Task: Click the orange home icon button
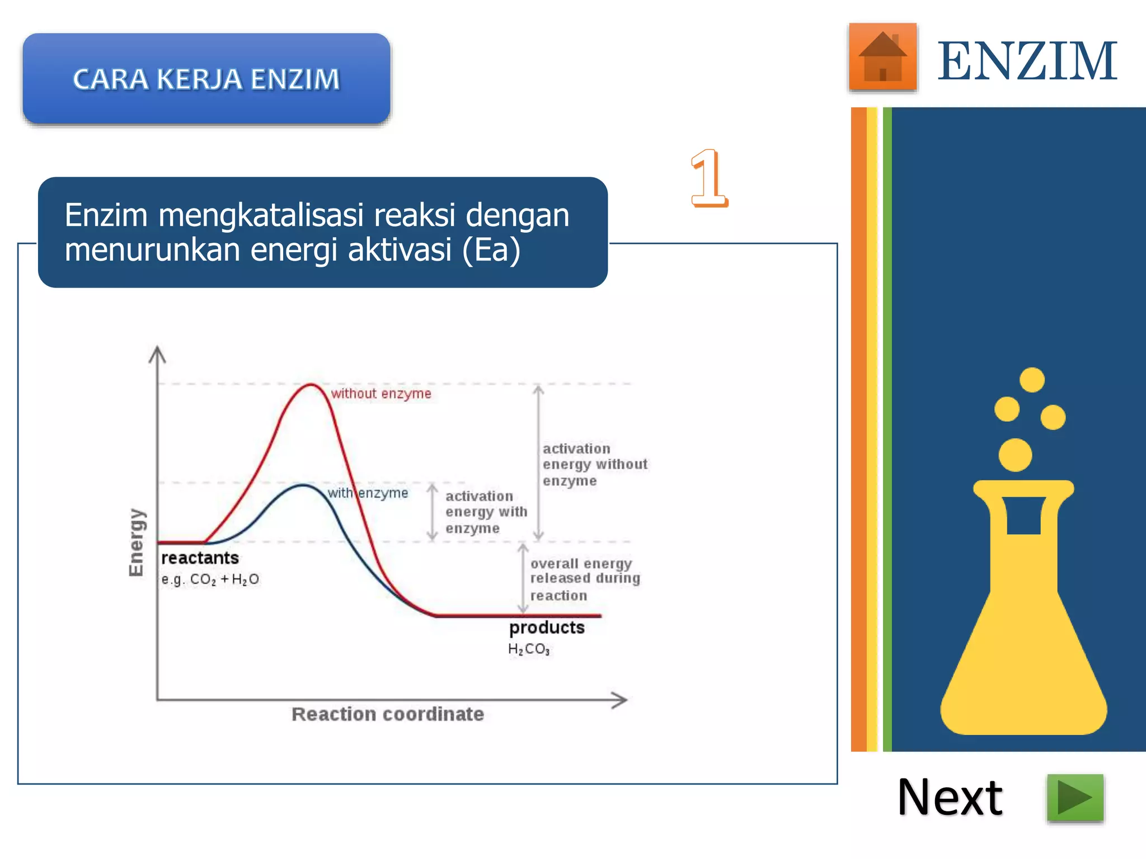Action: pyautogui.click(x=882, y=56)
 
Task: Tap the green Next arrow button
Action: pyautogui.click(x=1075, y=797)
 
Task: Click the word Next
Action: pyautogui.click(x=950, y=797)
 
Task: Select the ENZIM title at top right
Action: pyautogui.click(x=1027, y=61)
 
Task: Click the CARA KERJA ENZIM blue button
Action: pyautogui.click(x=206, y=78)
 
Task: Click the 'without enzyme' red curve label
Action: pyautogui.click(x=381, y=394)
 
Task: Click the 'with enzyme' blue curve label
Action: pyautogui.click(x=368, y=493)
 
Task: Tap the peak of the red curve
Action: pyautogui.click(x=311, y=385)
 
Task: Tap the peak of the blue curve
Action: pyautogui.click(x=303, y=485)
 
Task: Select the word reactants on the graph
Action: pyautogui.click(x=200, y=558)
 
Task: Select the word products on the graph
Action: pyautogui.click(x=547, y=627)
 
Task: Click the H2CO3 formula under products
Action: pyautogui.click(x=529, y=649)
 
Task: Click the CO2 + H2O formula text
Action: pyautogui.click(x=210, y=579)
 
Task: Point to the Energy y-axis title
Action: pyautogui.click(x=136, y=542)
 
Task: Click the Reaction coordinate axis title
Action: pyautogui.click(x=388, y=714)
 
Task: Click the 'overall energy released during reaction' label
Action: pyautogui.click(x=585, y=579)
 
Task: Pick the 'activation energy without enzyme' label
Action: pyautogui.click(x=594, y=465)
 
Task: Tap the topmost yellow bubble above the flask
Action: pyautogui.click(x=1032, y=380)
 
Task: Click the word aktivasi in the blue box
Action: pyautogui.click(x=400, y=250)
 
